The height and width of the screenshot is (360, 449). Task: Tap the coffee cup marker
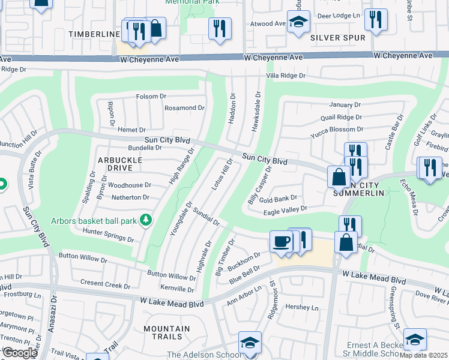pos(281,242)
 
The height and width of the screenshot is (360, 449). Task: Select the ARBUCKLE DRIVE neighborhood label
pos(120,164)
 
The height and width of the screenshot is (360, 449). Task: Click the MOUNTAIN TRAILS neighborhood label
pos(167,333)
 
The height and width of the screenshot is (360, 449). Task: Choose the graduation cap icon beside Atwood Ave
pos(298,22)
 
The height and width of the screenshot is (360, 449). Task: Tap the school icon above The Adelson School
pos(250,343)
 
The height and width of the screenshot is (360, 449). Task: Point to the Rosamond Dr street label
pos(185,108)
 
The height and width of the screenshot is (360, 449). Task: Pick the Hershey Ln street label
pos(302,307)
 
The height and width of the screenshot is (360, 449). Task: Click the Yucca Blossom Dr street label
pos(337,129)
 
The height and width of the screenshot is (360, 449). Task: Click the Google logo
pos(20,353)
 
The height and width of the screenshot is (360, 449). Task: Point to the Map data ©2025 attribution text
pos(424,355)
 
